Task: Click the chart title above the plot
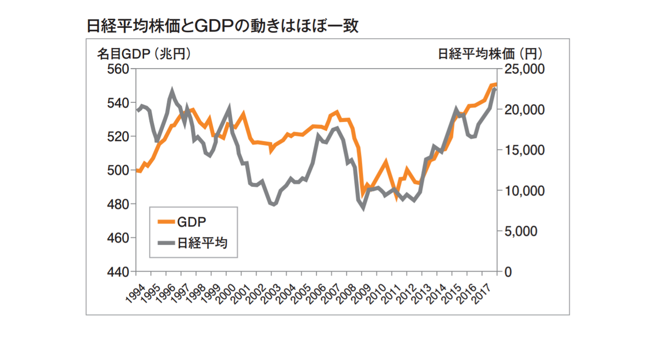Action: pos(223,26)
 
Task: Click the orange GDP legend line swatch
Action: pos(165,221)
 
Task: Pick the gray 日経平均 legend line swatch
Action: pos(165,242)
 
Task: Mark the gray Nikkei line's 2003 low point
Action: pos(274,204)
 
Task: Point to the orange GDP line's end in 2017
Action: pos(495,84)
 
